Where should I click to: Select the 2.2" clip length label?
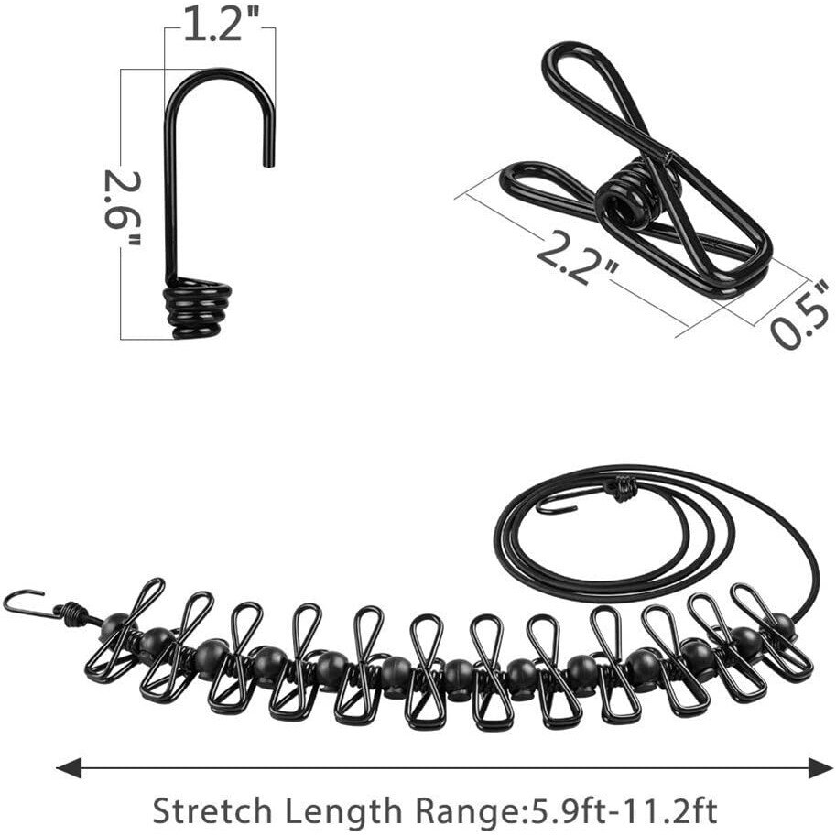pyautogui.click(x=577, y=257)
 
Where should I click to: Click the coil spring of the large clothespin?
pyautogui.click(x=626, y=195)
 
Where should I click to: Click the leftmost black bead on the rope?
pyautogui.click(x=115, y=628)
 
